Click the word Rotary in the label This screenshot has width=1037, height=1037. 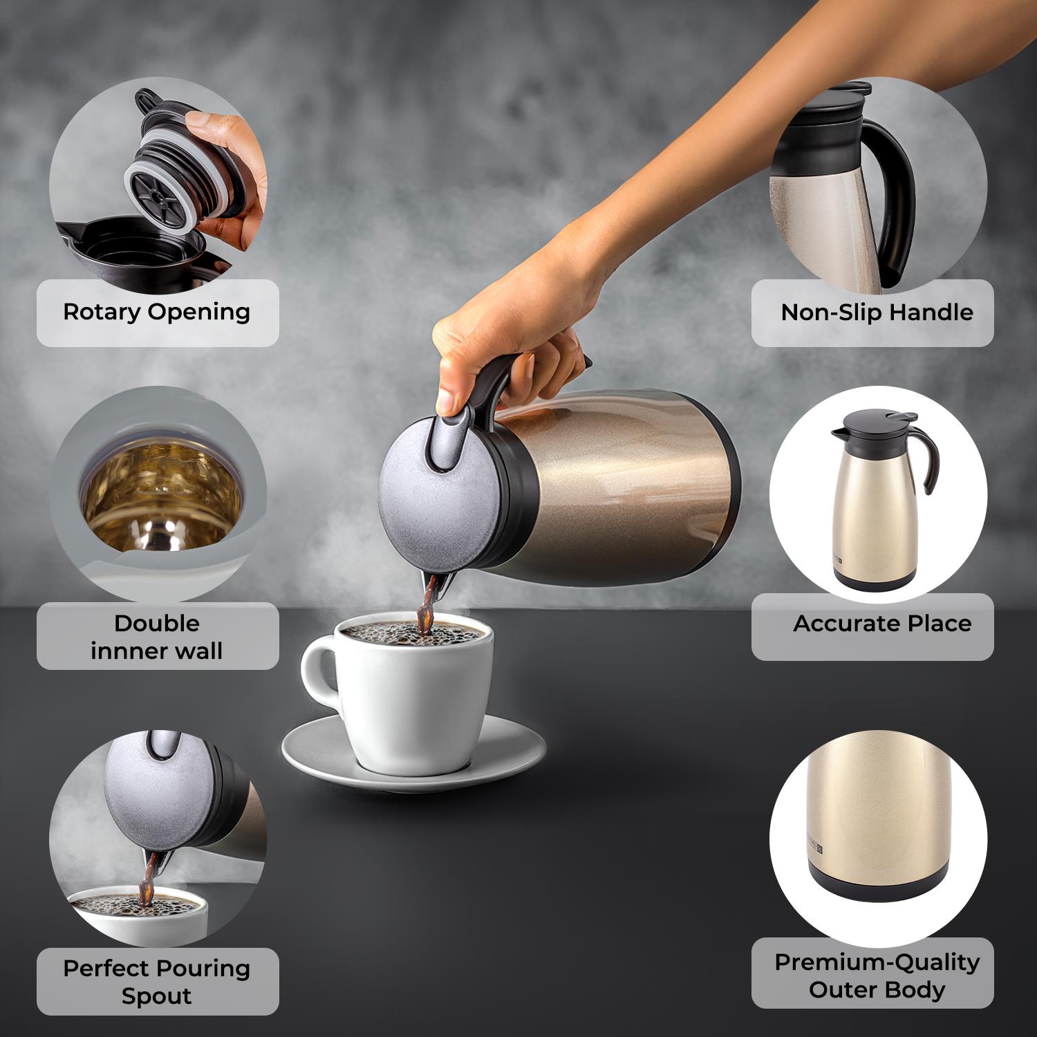pos(102,312)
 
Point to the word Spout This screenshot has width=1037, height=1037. pos(156,996)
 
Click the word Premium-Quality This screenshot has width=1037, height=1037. pos(877,962)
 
